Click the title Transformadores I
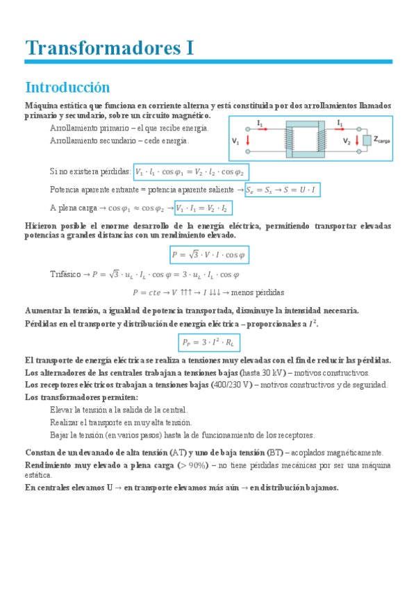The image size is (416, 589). [109, 48]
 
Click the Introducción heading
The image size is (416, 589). [67, 88]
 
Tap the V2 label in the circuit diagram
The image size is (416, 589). [347, 141]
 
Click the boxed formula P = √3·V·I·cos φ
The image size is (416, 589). [209, 255]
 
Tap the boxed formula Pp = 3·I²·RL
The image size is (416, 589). [208, 342]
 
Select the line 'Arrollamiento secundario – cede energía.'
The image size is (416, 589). [119, 141]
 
